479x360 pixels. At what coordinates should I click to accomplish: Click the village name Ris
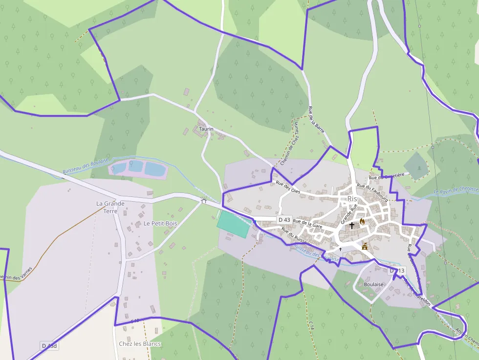[352, 199]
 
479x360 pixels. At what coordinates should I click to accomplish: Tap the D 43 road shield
[284, 220]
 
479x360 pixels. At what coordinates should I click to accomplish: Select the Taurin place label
[206, 128]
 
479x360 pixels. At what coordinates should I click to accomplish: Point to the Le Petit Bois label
[160, 223]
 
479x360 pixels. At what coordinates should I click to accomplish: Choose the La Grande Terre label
[110, 207]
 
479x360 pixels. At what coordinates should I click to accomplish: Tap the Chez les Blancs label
[140, 343]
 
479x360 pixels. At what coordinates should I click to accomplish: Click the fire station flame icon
[362, 222]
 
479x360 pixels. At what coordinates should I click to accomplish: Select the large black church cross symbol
[351, 226]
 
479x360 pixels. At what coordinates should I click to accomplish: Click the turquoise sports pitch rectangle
[234, 224]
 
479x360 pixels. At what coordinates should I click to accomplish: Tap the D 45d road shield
[50, 346]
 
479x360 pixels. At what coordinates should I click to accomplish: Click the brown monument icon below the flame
[364, 247]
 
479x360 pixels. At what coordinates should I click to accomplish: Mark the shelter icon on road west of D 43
[204, 200]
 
